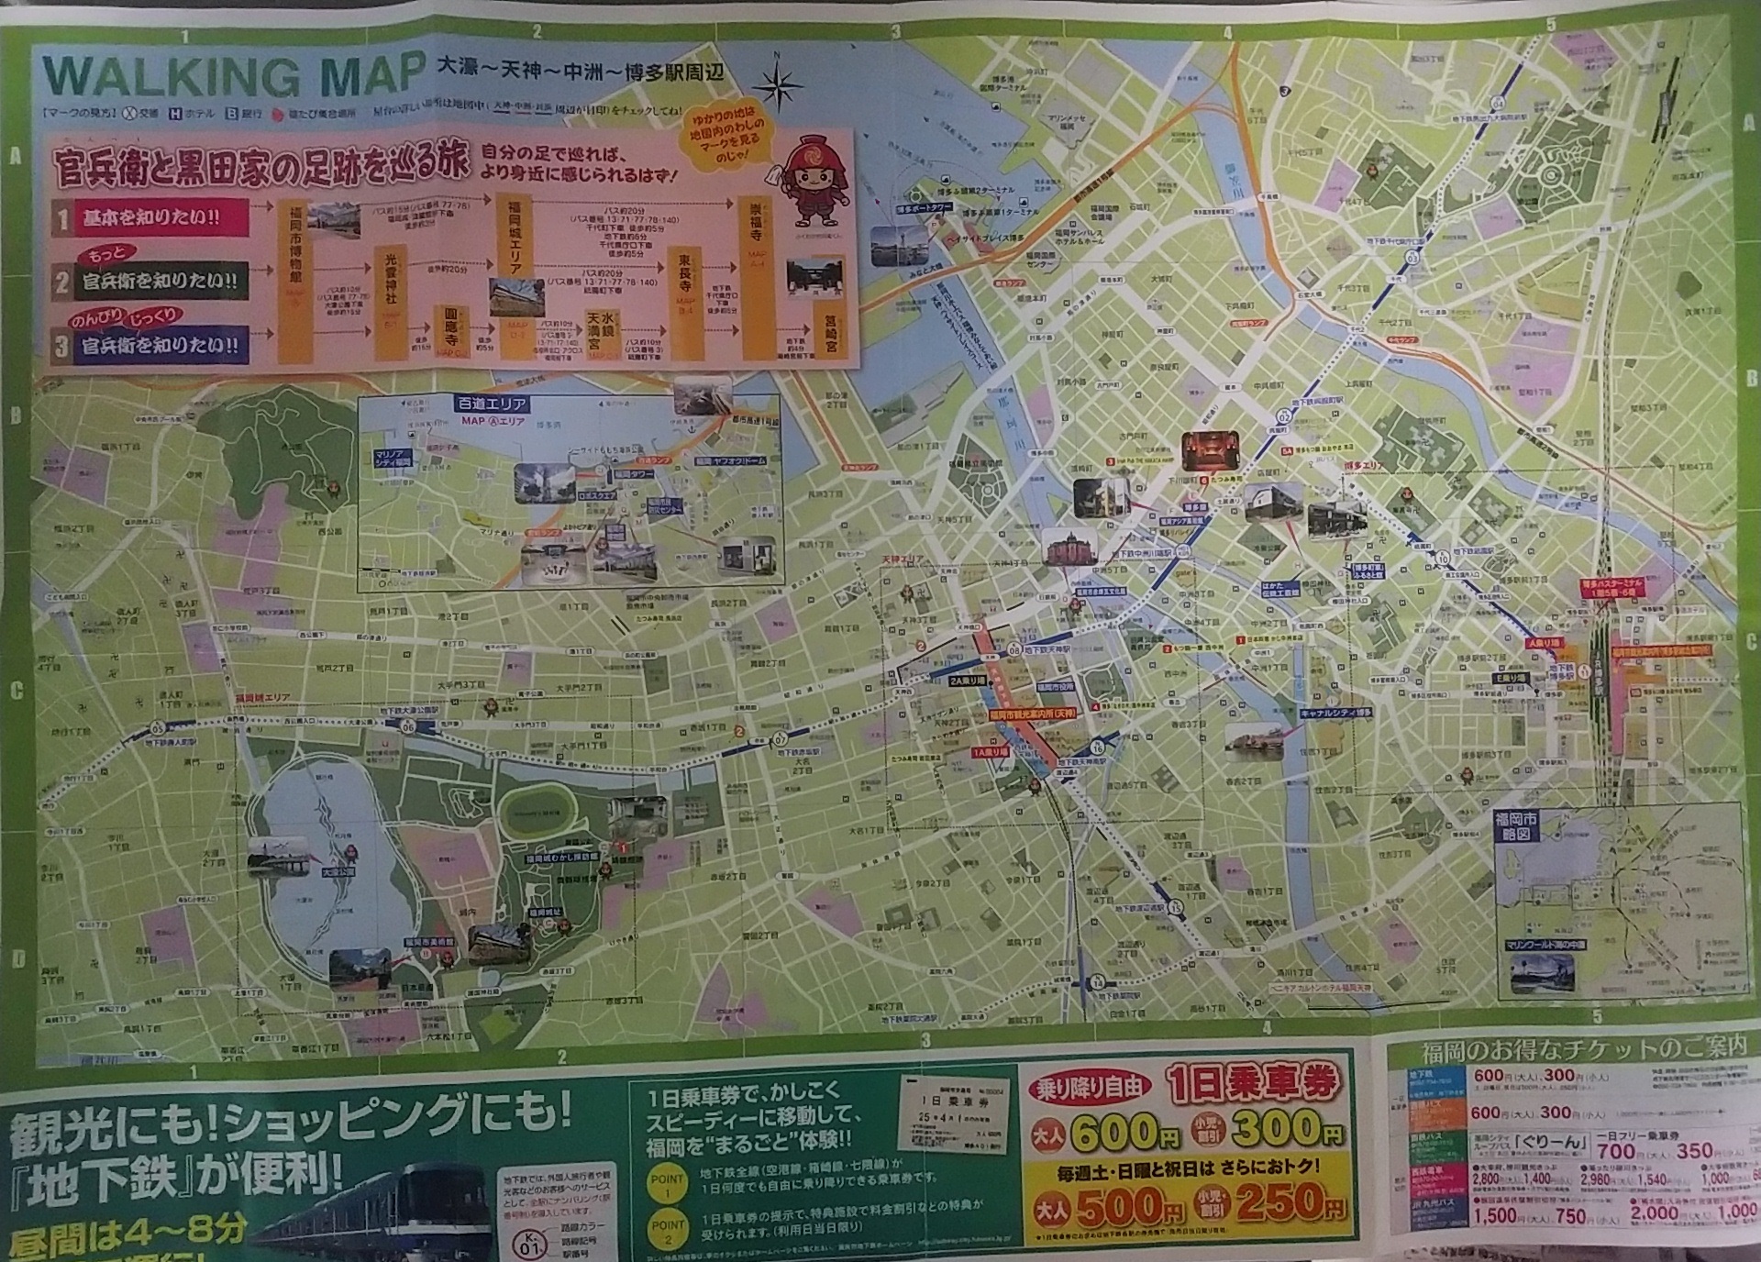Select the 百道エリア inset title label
point(491,404)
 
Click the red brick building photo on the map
point(1065,549)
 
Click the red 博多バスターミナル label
point(1611,588)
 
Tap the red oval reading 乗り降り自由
point(1092,1088)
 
